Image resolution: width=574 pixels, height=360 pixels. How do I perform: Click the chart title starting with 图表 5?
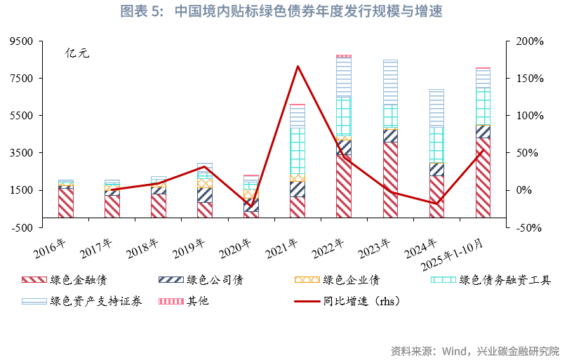pos(286,12)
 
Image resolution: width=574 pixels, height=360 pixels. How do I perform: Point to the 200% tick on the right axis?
pos(530,41)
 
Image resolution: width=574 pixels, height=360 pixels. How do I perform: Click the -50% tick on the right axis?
pos(530,227)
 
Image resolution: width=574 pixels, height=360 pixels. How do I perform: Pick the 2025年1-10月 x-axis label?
pos(460,255)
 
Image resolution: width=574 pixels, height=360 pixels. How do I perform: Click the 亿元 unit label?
pos(77,53)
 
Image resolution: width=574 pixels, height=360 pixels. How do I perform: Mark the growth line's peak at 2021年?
pos(298,67)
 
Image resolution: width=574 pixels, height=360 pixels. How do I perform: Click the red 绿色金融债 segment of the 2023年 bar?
pos(390,179)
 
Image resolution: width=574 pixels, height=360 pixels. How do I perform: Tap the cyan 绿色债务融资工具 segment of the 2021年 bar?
pos(298,150)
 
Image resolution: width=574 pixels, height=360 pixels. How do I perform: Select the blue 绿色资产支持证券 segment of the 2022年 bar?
pos(344,76)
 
